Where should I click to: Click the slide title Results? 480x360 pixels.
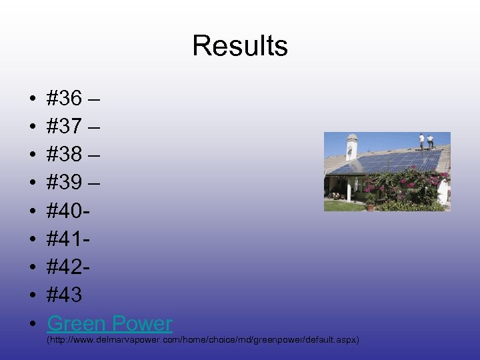[x=240, y=46]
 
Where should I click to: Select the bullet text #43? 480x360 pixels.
[x=65, y=295]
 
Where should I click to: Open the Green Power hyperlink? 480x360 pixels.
[x=109, y=323]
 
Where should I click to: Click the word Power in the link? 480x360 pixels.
[x=141, y=323]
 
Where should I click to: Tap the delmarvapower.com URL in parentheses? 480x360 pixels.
[x=203, y=340]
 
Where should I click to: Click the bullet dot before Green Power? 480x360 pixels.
[x=33, y=324]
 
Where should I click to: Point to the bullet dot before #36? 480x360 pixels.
[x=33, y=100]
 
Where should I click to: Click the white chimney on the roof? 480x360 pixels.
[x=352, y=147]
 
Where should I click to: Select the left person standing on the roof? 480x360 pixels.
[x=421, y=141]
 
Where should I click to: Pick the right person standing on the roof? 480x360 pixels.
[x=431, y=142]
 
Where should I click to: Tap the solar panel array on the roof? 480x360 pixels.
[x=393, y=162]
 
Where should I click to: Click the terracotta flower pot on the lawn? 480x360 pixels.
[x=371, y=207]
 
